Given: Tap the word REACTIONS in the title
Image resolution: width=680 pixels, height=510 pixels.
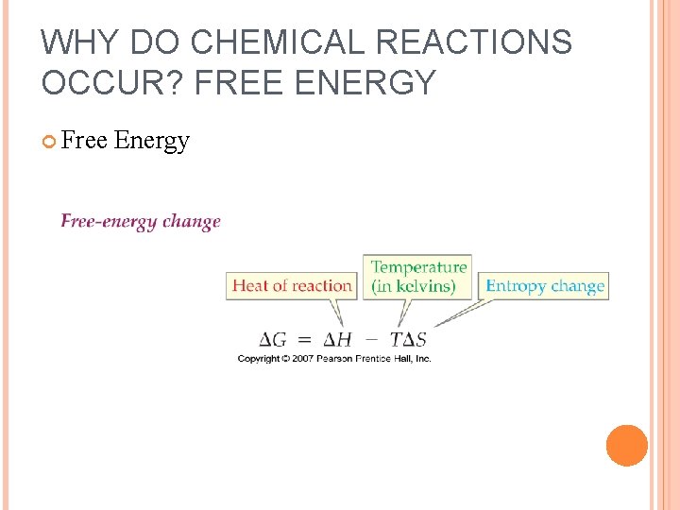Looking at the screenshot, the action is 474,42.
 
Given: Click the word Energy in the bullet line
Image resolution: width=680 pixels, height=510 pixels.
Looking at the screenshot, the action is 152,141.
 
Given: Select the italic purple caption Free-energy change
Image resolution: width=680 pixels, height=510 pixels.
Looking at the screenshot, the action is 141,221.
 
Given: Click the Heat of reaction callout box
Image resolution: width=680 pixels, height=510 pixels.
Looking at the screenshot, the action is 292,285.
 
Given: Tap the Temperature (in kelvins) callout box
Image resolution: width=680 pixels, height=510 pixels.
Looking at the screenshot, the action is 418,276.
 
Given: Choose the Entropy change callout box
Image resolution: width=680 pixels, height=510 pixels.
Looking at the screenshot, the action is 545,285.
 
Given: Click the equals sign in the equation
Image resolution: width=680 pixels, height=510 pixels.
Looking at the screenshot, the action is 303,339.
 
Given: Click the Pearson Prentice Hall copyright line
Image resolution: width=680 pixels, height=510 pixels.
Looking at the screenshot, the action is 334,358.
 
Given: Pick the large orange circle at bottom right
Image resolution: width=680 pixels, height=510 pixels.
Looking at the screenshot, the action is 627,446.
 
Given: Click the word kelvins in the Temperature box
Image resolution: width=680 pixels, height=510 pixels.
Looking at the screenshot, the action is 426,285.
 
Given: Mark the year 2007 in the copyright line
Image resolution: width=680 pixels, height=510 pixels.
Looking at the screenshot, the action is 302,358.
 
